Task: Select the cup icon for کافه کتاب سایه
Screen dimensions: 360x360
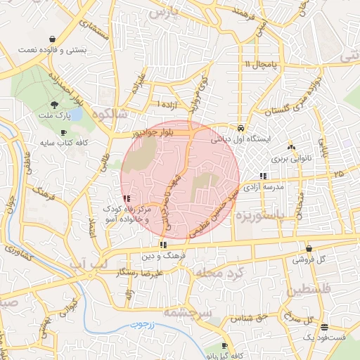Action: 64,132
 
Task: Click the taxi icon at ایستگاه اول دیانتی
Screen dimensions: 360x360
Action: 241,129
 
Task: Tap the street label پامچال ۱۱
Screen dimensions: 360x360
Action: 262,65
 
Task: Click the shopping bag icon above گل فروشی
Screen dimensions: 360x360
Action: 309,247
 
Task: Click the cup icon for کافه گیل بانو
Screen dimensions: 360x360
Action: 224,345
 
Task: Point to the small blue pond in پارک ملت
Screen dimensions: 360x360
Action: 77,115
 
